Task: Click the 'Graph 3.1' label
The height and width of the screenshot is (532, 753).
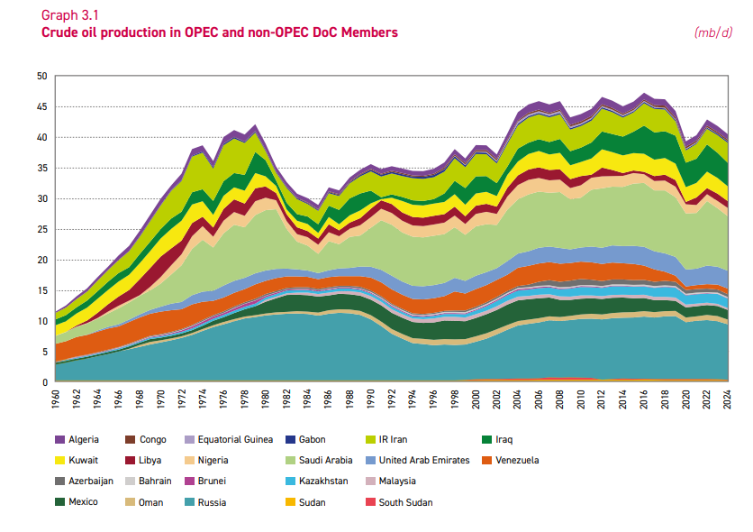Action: click(x=69, y=15)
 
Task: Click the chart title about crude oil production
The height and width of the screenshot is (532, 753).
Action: click(x=220, y=32)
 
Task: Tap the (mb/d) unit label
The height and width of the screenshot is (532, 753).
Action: click(x=713, y=32)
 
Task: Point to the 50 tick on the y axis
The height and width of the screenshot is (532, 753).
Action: click(x=41, y=77)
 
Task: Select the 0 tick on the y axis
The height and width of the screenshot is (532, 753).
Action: click(x=44, y=382)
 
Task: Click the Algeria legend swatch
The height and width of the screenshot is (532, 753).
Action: click(x=60, y=440)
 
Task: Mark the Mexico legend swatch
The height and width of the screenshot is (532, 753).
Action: click(x=60, y=502)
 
